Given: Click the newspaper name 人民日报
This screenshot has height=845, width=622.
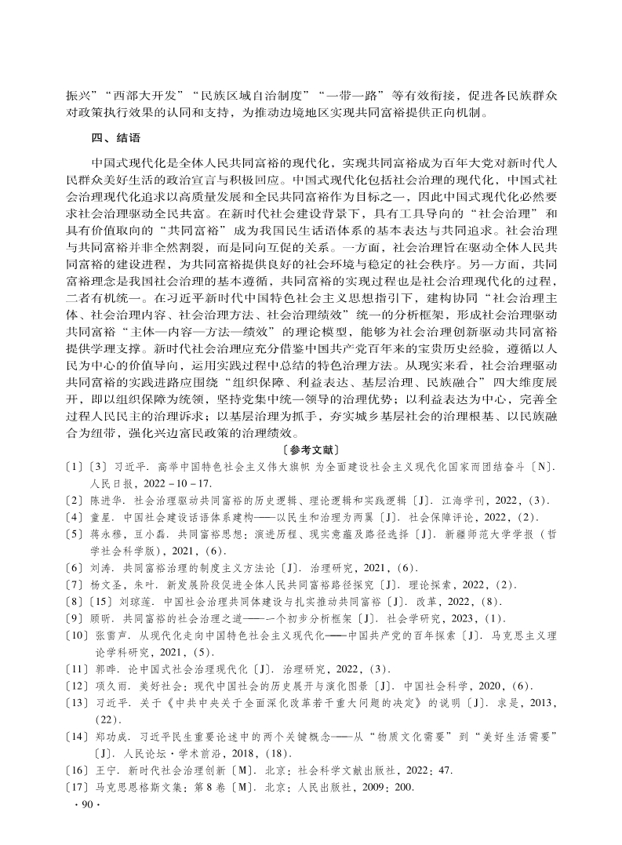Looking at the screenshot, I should point(112,483).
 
